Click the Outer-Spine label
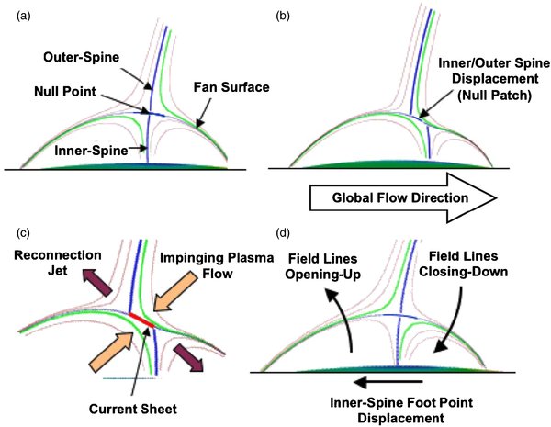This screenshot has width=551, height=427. pyautogui.click(x=82, y=58)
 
